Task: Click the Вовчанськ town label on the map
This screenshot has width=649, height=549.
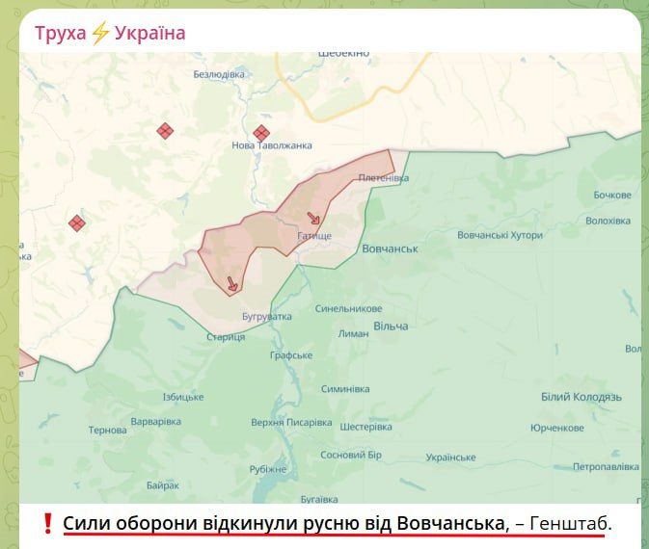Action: click(390, 248)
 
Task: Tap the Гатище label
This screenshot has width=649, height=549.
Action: click(314, 236)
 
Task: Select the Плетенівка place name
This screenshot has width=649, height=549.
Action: click(384, 178)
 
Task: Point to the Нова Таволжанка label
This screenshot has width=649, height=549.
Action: click(272, 145)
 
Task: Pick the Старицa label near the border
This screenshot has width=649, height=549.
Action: click(226, 337)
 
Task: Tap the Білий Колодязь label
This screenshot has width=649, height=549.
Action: click(581, 397)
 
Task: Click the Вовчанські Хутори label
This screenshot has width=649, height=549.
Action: click(500, 235)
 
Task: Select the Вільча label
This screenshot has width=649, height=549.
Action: click(390, 326)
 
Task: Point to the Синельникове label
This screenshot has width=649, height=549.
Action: click(349, 309)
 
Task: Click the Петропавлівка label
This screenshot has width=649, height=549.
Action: click(606, 466)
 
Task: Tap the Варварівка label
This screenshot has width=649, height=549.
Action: click(156, 422)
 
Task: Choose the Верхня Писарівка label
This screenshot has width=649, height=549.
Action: click(291, 422)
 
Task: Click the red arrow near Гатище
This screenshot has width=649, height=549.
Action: click(314, 219)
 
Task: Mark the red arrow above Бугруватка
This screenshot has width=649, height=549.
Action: click(231, 284)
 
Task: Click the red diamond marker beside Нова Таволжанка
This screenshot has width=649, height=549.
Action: click(260, 133)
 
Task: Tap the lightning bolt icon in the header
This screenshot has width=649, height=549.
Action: click(100, 34)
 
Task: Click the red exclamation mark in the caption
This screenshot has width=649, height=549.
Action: click(47, 524)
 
